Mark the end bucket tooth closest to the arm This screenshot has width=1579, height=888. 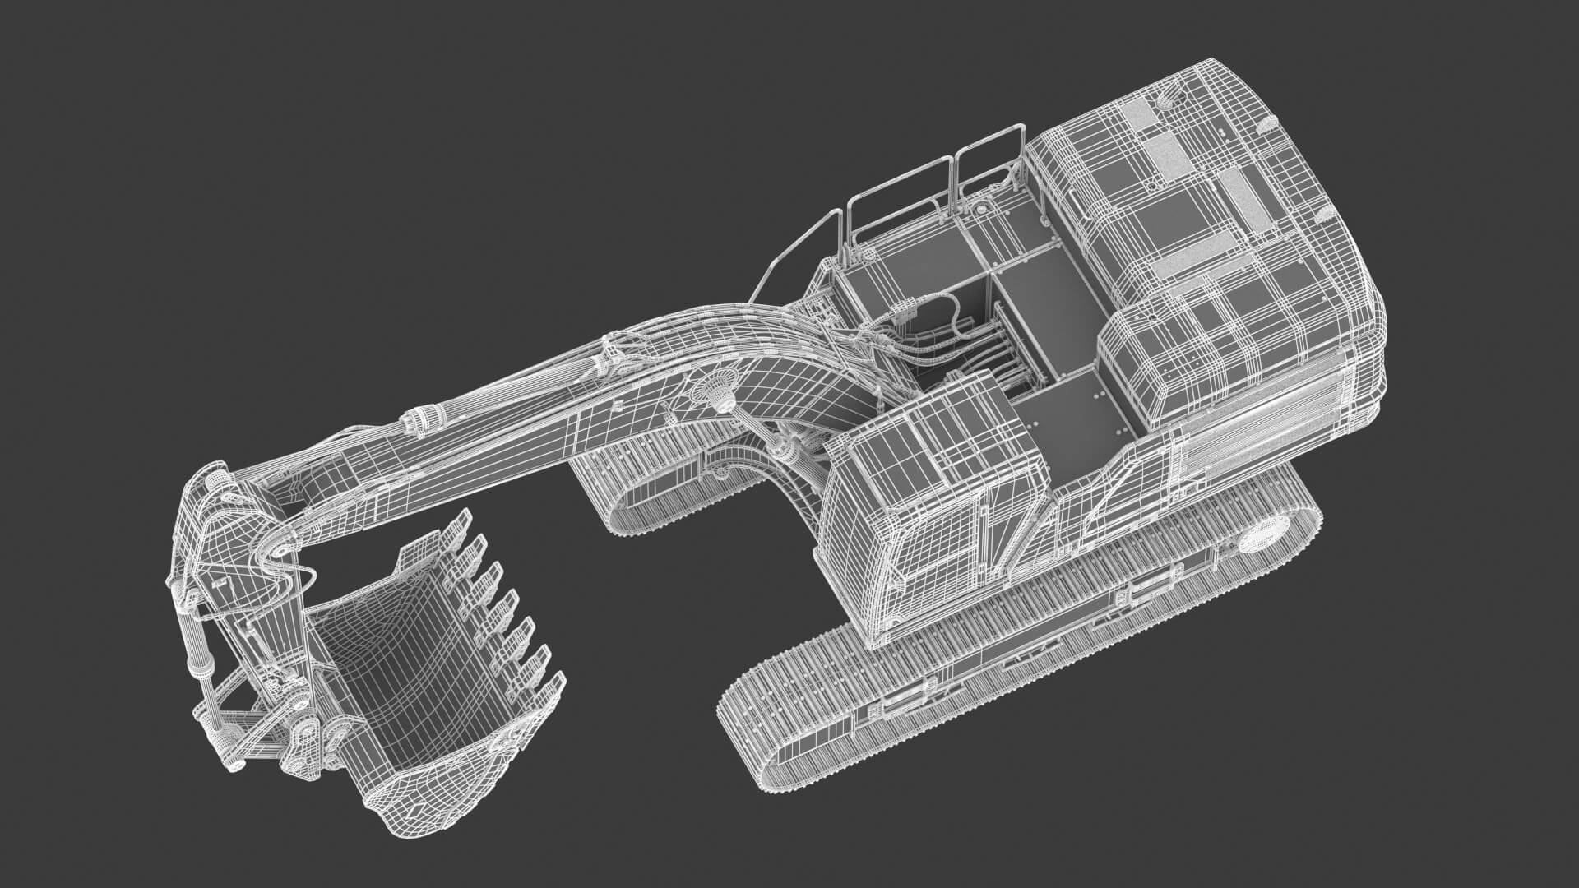point(461,526)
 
